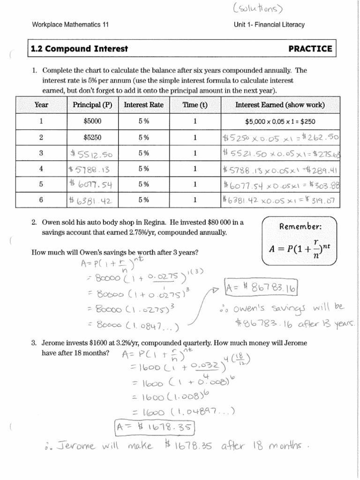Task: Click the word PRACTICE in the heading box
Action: [x=310, y=49]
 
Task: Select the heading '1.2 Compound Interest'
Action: [x=79, y=49]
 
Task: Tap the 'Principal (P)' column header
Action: [x=92, y=105]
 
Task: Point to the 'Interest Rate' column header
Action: [x=143, y=105]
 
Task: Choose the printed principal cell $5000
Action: [x=92, y=121]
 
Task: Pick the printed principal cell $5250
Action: [x=92, y=137]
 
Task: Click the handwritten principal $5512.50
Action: [x=92, y=153]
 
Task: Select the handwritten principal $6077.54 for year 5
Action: [x=92, y=185]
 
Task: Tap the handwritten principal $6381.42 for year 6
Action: [x=92, y=200]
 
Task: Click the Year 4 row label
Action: [x=41, y=169]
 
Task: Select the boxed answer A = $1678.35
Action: [x=154, y=427]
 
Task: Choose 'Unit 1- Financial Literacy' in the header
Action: [x=270, y=25]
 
